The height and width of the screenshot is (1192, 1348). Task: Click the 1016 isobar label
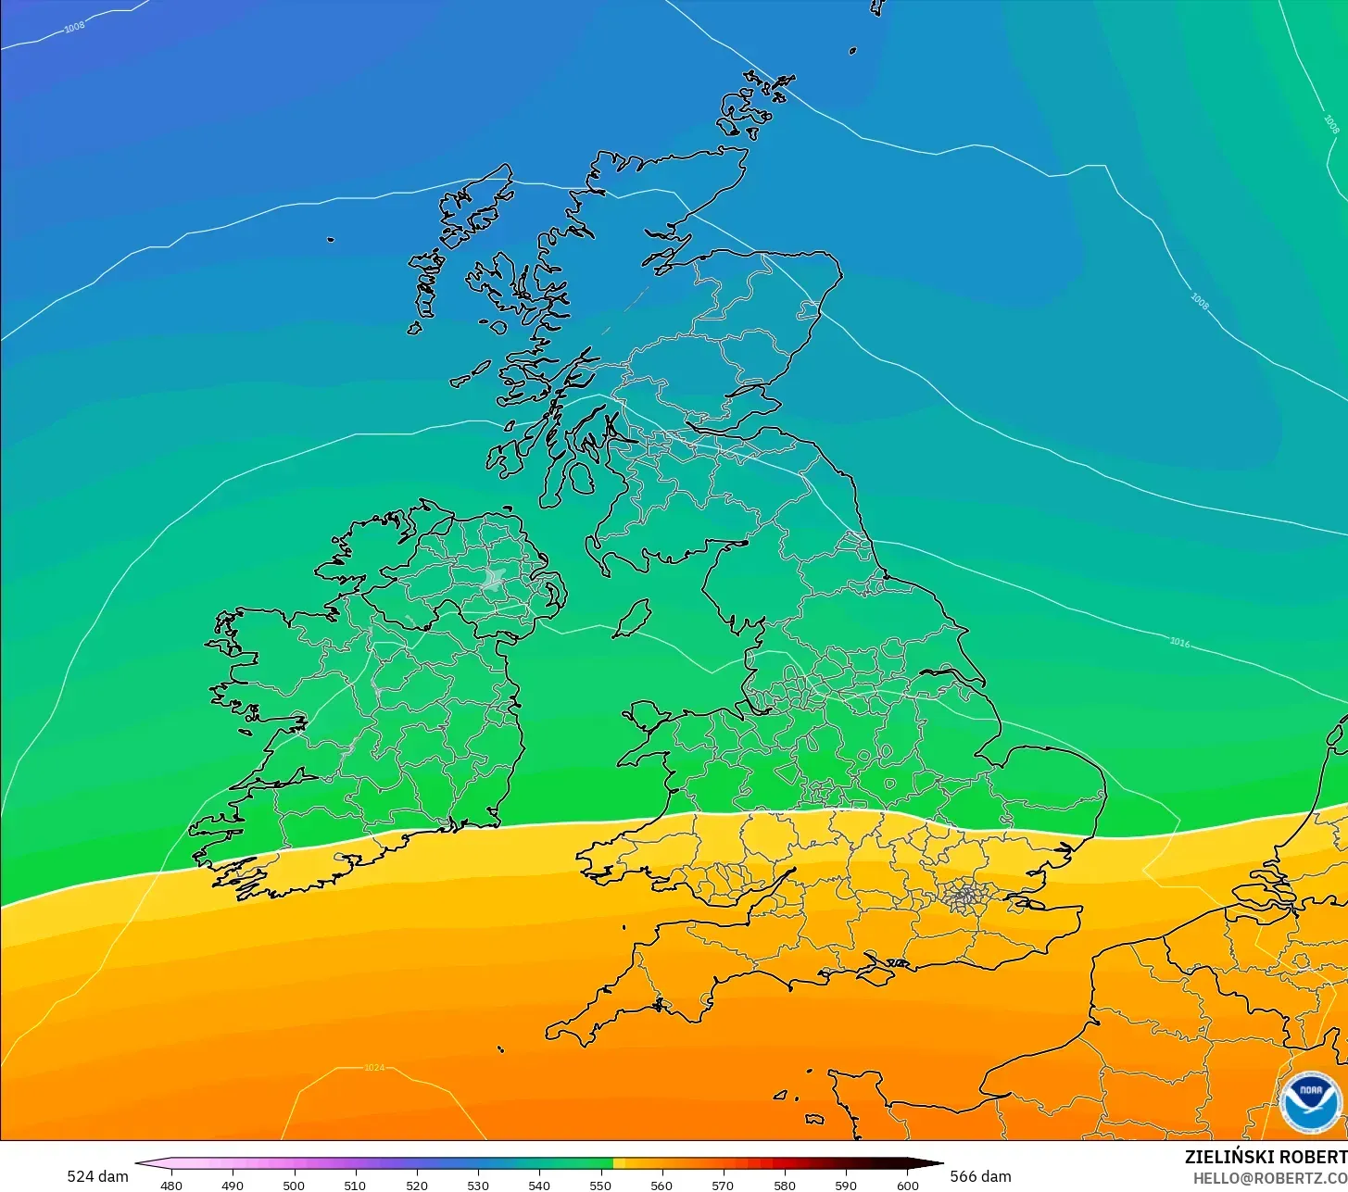1179,642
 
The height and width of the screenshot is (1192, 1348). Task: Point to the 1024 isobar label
373,1068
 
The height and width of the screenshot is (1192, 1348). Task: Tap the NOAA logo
1311,1103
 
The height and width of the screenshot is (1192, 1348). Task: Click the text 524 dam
97,1176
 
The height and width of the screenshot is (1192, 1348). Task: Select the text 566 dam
980,1176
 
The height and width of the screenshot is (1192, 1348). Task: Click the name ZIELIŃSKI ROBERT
1266,1157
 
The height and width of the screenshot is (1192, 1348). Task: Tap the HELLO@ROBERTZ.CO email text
1269,1177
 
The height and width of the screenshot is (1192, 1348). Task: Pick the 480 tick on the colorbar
171,1186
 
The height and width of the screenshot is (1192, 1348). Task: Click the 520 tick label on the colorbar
416,1186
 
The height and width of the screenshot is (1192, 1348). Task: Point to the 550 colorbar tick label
600,1186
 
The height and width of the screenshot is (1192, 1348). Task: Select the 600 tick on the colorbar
908,1186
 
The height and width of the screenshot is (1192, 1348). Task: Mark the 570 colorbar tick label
723,1186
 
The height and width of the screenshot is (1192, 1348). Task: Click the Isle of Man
633,618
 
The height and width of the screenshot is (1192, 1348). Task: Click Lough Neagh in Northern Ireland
493,581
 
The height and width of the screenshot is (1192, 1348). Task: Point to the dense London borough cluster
964,895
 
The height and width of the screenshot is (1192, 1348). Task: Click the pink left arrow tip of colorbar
139,1163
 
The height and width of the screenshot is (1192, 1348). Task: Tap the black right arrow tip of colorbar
939,1163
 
